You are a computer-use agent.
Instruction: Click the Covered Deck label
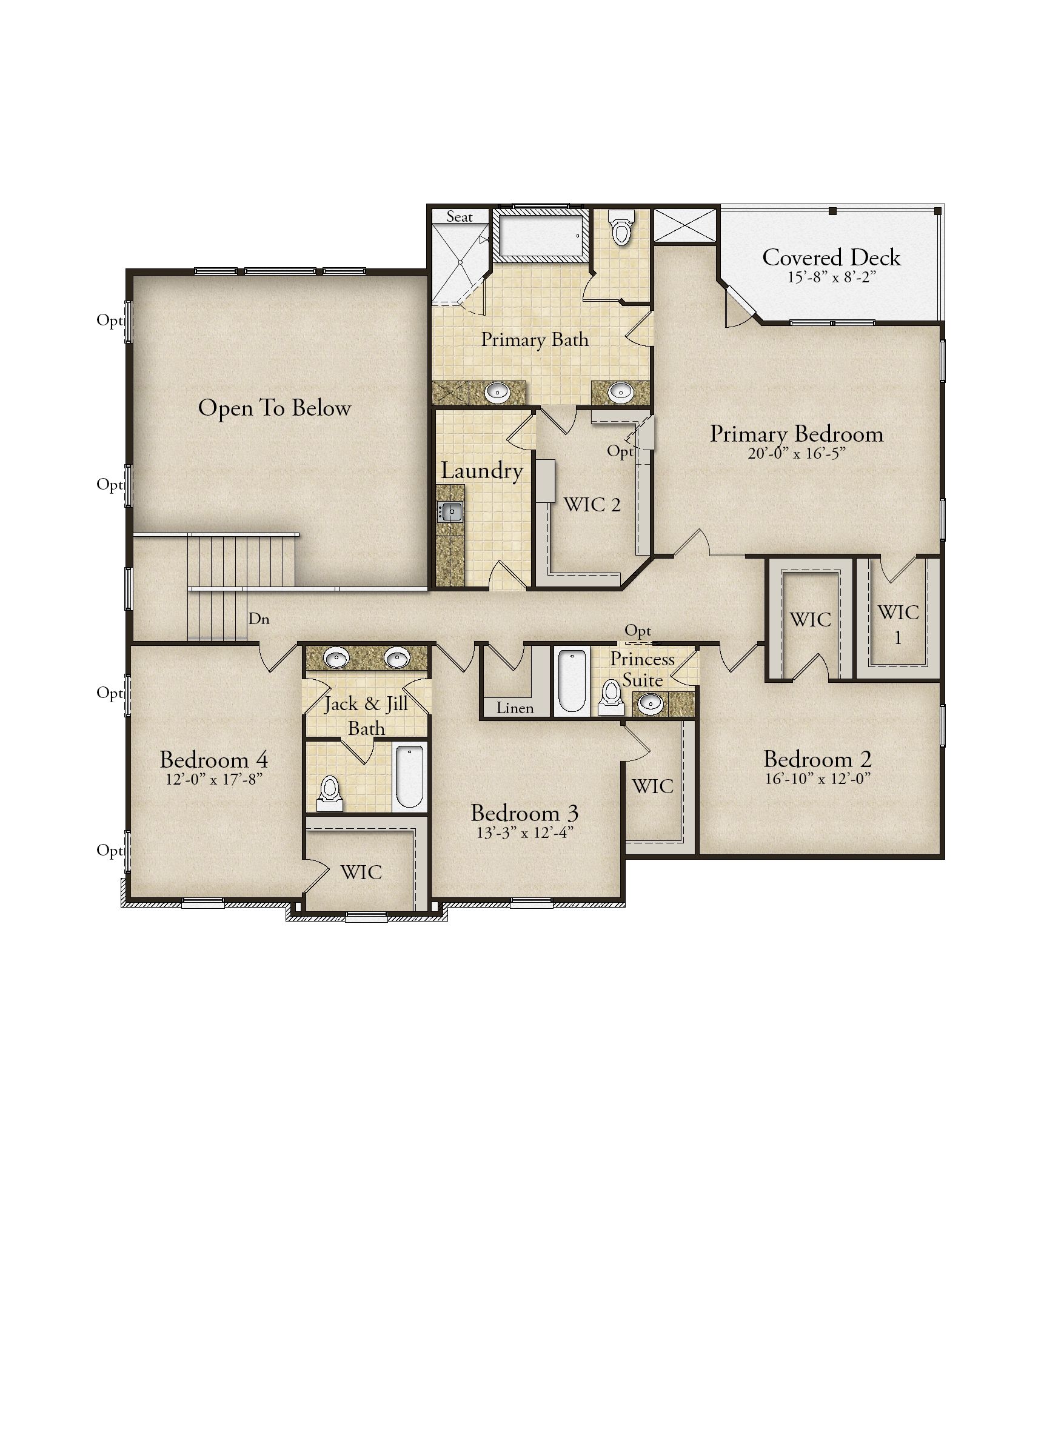(831, 257)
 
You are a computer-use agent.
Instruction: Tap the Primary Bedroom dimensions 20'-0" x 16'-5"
(796, 453)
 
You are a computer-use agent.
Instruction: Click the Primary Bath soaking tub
(540, 236)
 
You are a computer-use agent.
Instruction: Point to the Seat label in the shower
(459, 217)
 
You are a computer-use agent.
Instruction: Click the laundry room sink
(451, 512)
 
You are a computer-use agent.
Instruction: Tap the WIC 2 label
(592, 505)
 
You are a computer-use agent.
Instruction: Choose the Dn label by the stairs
(259, 619)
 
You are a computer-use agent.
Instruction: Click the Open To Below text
(275, 408)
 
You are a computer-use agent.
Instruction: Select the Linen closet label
(515, 708)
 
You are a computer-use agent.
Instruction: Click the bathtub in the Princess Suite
(570, 682)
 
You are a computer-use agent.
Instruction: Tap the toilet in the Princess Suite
(610, 698)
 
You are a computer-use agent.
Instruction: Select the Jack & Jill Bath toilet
(330, 793)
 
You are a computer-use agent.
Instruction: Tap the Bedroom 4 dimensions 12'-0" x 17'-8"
(213, 779)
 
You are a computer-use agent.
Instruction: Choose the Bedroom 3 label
(524, 813)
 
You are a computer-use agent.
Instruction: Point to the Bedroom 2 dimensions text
(817, 779)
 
